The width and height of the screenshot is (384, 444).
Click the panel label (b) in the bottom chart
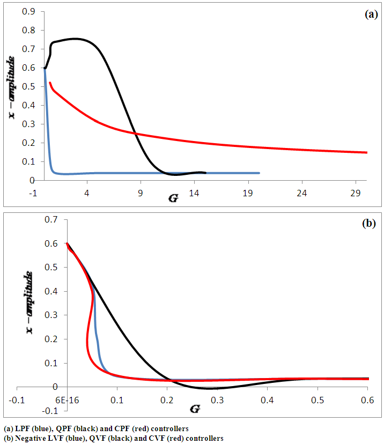click(x=370, y=224)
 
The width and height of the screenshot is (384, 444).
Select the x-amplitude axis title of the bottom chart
click(x=29, y=303)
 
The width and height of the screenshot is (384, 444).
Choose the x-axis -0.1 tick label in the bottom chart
click(x=18, y=400)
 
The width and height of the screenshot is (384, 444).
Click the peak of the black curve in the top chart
click(x=75, y=39)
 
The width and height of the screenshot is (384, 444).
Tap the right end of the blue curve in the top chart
click(x=260, y=173)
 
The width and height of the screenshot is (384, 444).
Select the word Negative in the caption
click(x=29, y=438)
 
